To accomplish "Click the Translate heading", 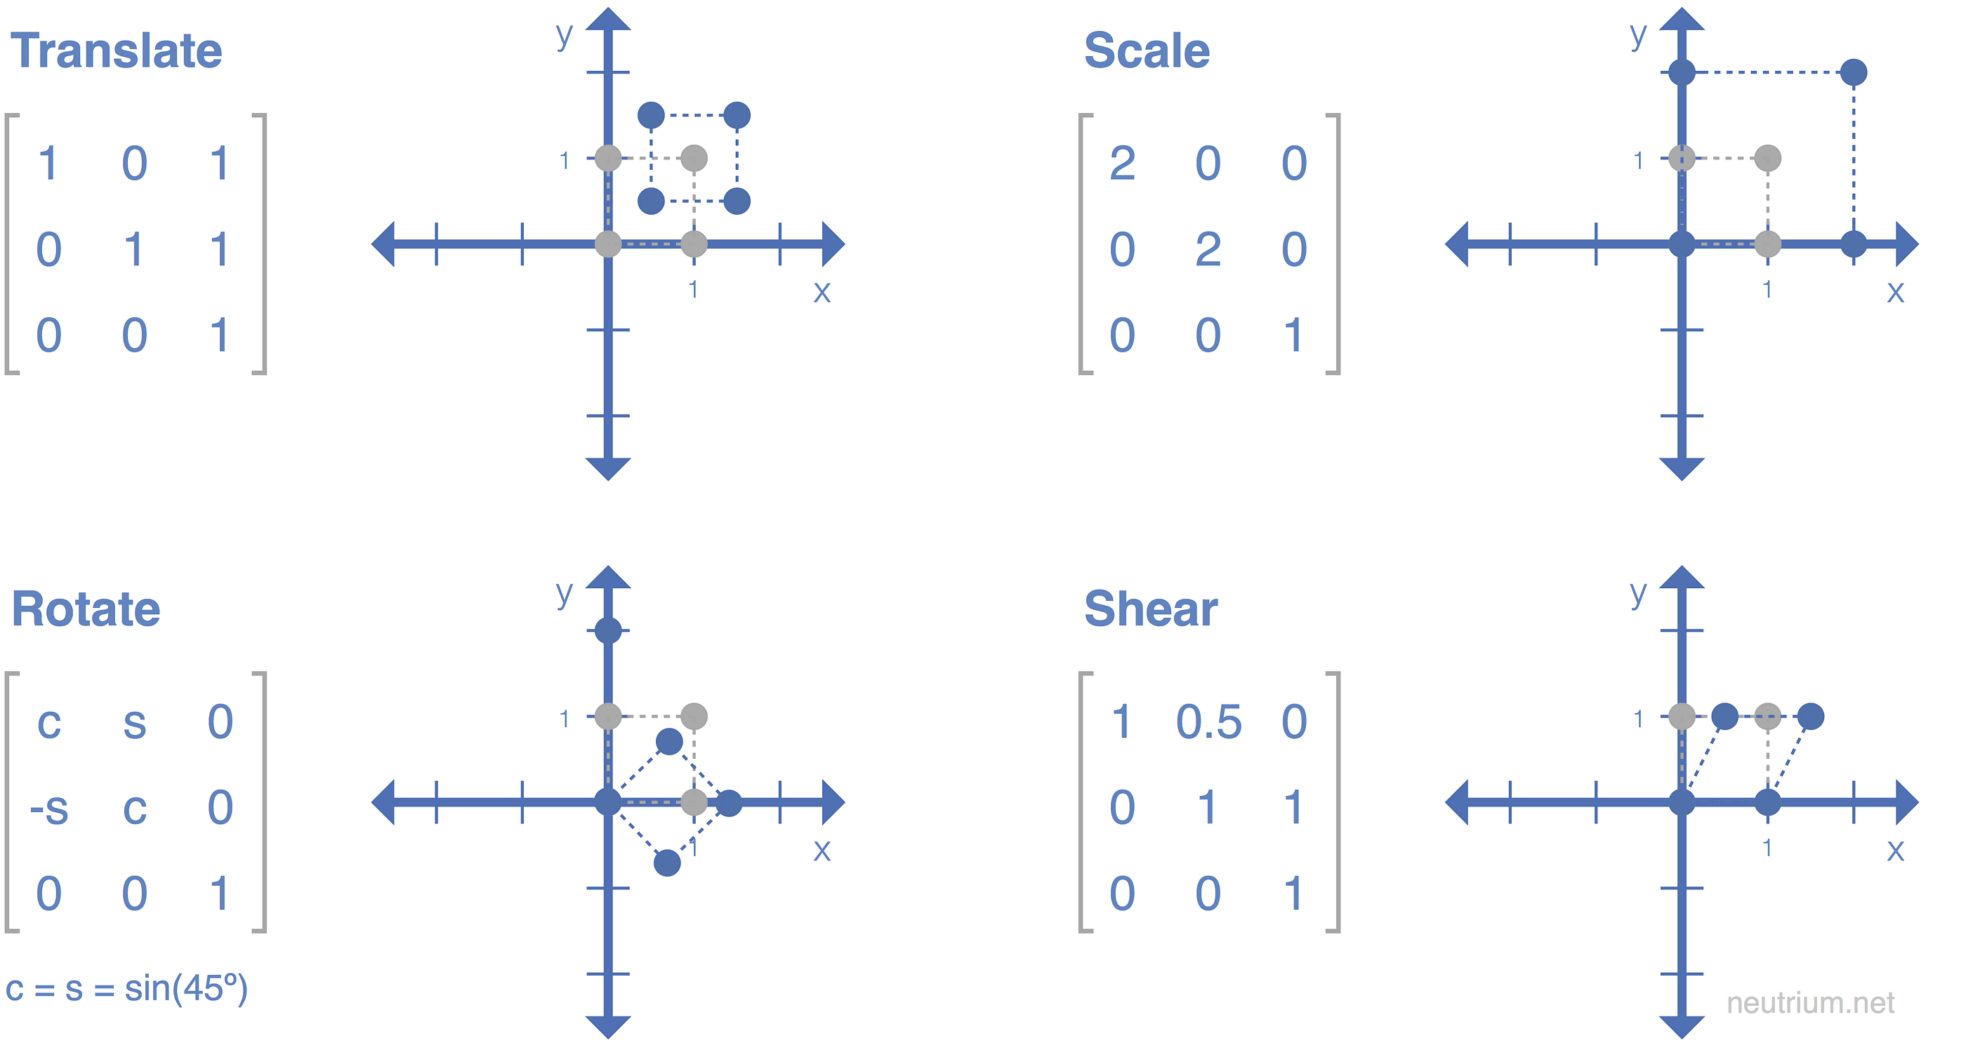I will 116,51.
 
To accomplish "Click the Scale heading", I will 1147,51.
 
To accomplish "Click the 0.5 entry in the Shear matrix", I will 1209,722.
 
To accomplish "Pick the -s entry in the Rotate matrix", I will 49,807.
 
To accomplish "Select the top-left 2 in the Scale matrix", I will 1122,164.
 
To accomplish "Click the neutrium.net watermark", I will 1809,1003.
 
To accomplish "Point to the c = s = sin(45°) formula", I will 126,988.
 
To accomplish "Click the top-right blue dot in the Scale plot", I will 1854,72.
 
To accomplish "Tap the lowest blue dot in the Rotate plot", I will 667,863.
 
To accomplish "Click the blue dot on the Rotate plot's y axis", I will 608,630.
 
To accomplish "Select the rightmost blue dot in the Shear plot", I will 1811,716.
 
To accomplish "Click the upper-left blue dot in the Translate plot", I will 651,115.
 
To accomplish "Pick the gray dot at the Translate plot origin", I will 608,244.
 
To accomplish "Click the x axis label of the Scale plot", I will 1896,291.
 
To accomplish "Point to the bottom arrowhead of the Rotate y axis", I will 608,1026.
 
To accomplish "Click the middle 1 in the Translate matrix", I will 134,250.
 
